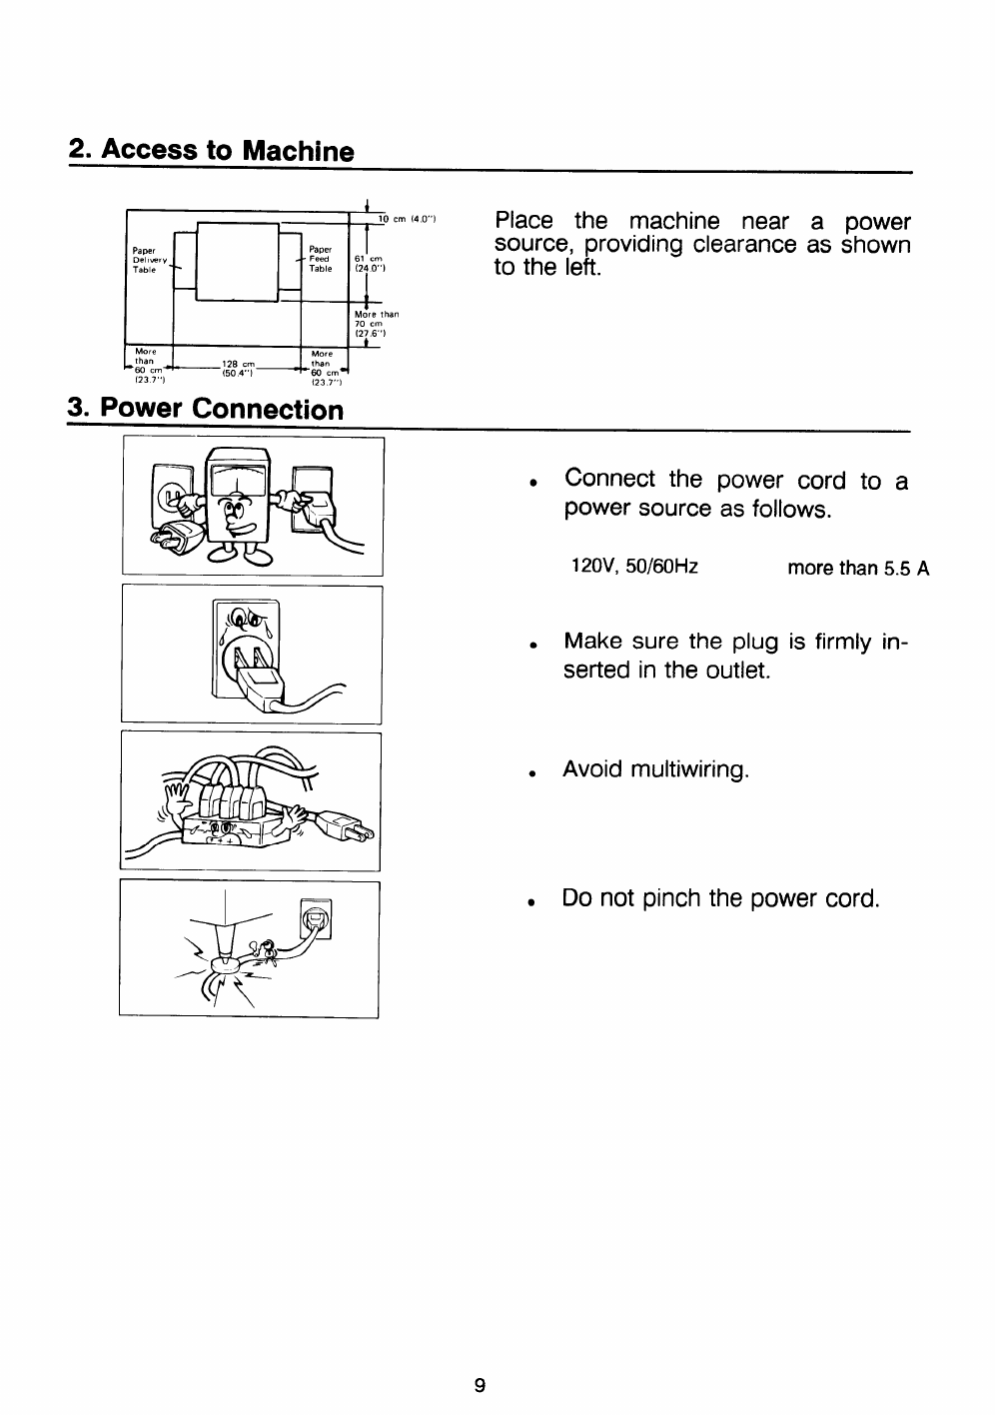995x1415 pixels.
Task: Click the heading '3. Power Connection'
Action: (205, 410)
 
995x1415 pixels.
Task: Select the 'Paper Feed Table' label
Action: (321, 260)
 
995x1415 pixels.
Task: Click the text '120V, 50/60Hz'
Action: (633, 568)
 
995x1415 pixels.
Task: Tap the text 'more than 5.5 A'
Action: (858, 569)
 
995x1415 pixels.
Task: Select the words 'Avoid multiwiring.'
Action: (655, 769)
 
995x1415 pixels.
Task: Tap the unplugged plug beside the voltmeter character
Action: (167, 540)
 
